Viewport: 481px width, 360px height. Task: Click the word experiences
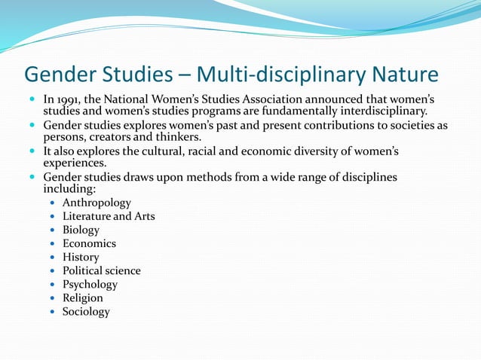(75, 163)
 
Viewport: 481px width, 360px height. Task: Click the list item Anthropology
(97, 203)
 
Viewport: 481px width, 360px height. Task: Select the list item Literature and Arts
(109, 216)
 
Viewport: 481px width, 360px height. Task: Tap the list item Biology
(81, 230)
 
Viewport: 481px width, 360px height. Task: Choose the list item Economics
(89, 243)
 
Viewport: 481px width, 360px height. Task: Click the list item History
(81, 257)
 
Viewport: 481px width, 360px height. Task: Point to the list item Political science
(101, 270)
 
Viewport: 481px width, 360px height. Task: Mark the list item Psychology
(90, 284)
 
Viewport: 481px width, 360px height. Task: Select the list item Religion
(83, 297)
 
